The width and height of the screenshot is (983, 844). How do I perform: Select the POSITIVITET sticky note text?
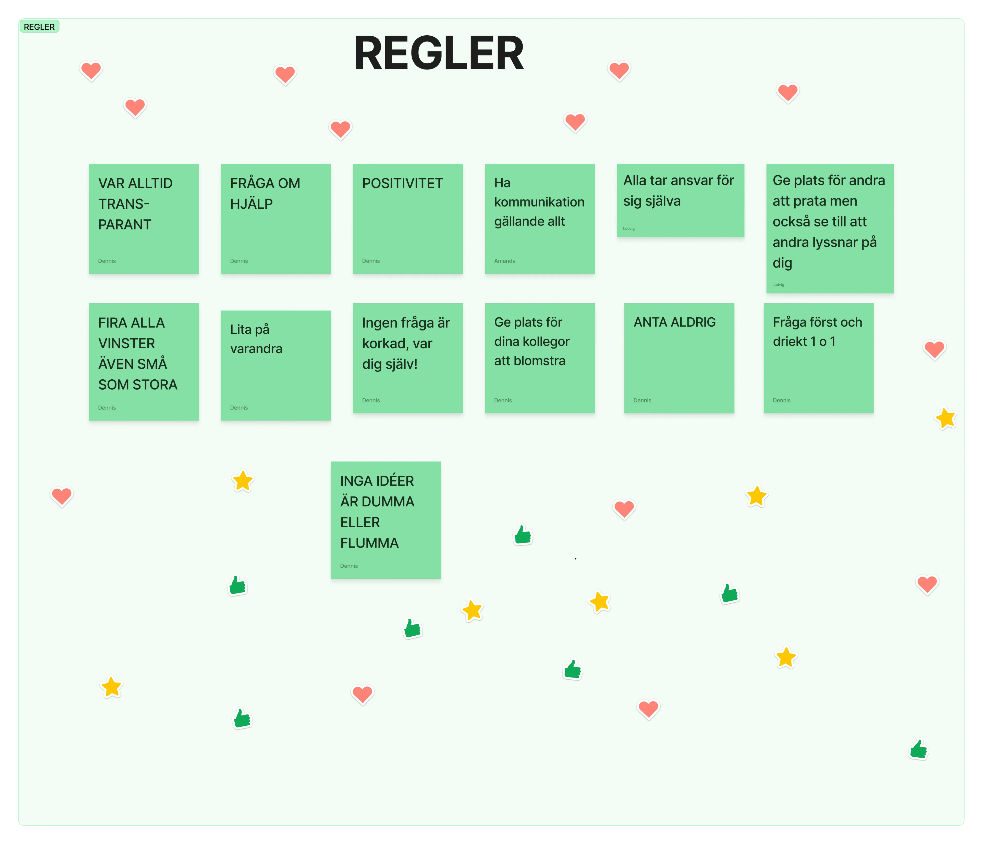click(402, 183)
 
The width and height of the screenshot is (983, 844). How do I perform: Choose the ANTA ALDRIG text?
click(675, 322)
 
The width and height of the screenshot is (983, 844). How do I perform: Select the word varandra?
click(256, 349)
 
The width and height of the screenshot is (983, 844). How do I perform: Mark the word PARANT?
click(125, 224)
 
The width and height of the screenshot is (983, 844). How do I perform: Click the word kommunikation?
click(539, 202)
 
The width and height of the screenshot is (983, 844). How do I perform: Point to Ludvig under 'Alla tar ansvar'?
click(629, 228)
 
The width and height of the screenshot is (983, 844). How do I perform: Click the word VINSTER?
click(127, 343)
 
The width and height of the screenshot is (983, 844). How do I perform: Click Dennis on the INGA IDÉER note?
click(349, 566)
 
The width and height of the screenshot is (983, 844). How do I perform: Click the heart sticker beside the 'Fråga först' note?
click(934, 350)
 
